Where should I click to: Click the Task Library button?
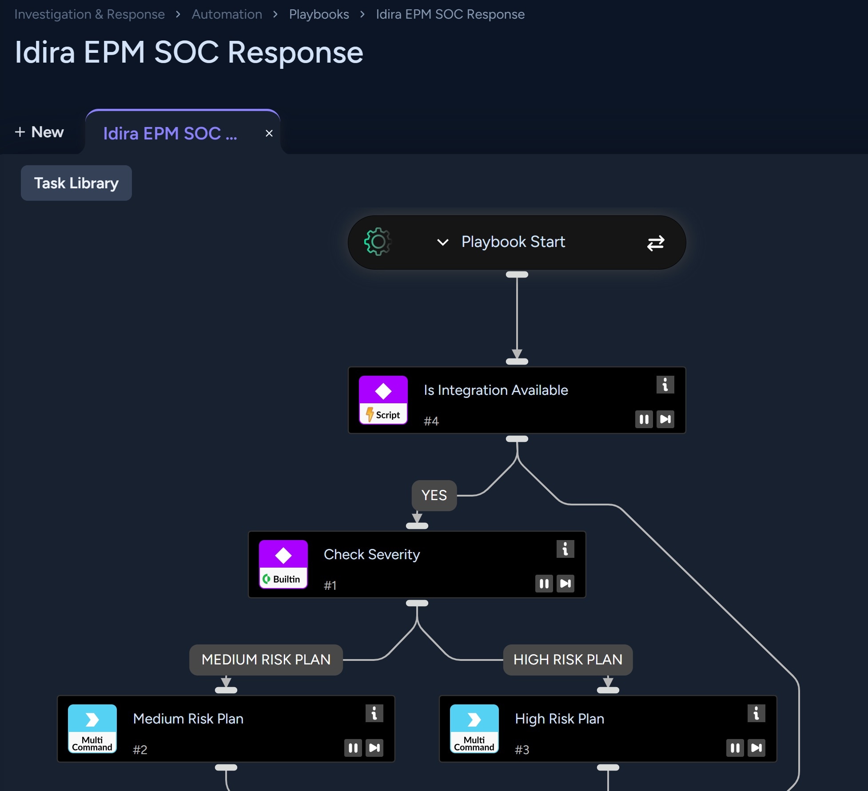[76, 183]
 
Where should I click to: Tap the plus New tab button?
[39, 132]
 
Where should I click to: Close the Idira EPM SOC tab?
[269, 133]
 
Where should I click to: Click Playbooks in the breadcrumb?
[319, 14]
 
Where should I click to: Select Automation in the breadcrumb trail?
[227, 14]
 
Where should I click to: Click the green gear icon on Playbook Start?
[378, 242]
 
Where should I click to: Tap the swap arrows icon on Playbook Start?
[656, 243]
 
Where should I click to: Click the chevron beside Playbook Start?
[443, 242]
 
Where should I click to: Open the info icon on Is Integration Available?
[665, 385]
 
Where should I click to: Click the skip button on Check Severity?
[565, 584]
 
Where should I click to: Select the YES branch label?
[434, 495]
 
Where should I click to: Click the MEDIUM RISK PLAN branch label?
[266, 660]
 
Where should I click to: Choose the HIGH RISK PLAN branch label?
[568, 660]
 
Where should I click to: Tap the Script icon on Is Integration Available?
[383, 400]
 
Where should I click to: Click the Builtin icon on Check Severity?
[283, 564]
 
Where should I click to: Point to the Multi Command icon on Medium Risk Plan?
[92, 729]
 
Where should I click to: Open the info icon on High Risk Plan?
[756, 713]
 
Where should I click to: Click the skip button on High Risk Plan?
[757, 748]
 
